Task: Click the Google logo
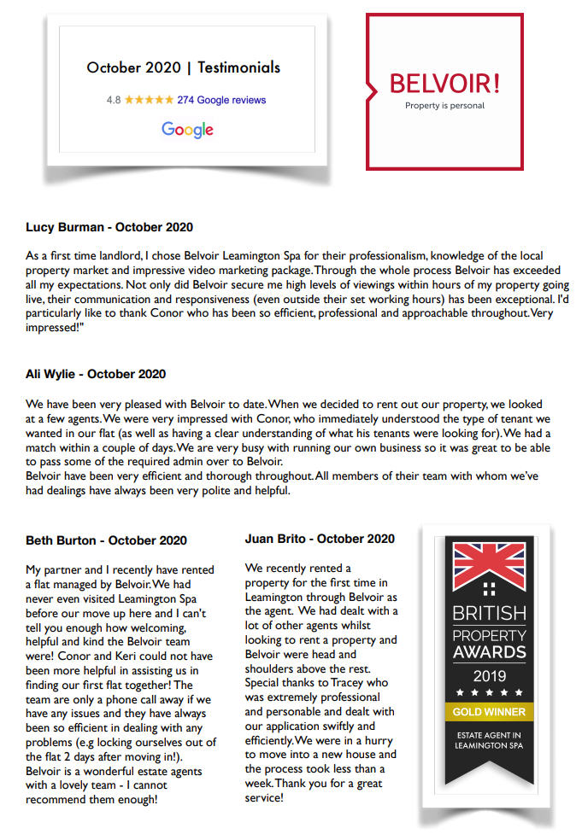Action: [x=187, y=130]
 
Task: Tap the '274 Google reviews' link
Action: [x=221, y=100]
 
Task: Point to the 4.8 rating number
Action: [x=114, y=100]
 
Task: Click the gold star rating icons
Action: [x=149, y=100]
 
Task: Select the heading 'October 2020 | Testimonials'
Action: [x=183, y=67]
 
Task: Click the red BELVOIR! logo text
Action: [x=444, y=84]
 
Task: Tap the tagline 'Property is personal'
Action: [x=444, y=106]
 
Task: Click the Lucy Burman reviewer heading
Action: [x=109, y=228]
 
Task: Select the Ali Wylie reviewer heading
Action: [x=96, y=374]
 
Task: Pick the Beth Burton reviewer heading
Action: [x=106, y=540]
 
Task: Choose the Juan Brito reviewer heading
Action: [x=320, y=539]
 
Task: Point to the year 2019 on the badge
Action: [x=488, y=674]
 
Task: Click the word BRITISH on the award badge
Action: [x=488, y=614]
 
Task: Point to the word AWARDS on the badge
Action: [x=488, y=653]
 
